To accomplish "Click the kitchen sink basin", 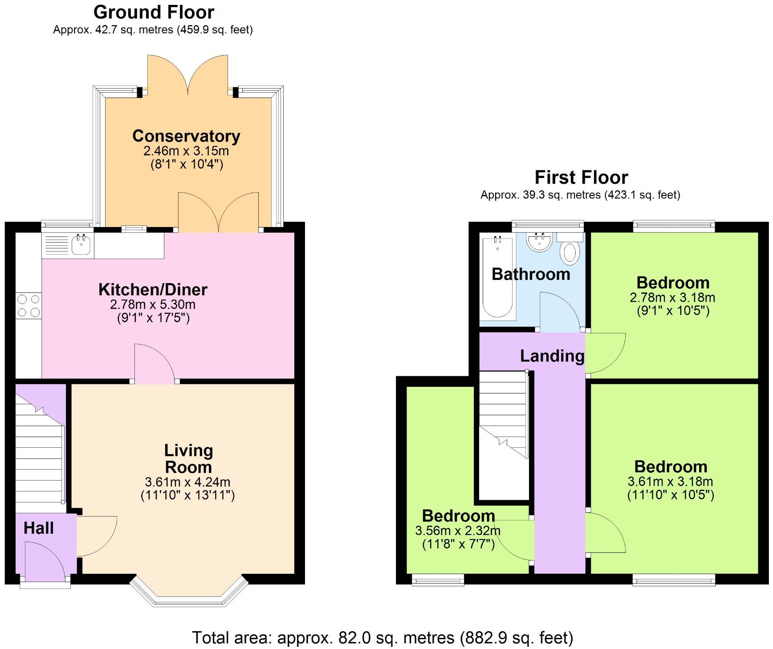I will (81, 245).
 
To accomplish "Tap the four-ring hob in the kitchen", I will (28, 306).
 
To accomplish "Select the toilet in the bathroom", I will (570, 252).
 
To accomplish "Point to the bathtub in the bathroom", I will (497, 277).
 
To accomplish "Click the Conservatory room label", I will (186, 136).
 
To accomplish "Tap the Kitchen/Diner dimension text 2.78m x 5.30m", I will (153, 304).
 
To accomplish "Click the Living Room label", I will (188, 458).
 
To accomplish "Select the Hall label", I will (39, 528).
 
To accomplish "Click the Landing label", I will (552, 356).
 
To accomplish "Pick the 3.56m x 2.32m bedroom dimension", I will (458, 531).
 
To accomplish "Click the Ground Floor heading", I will (154, 12).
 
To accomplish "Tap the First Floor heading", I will (581, 177).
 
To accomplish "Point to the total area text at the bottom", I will (382, 637).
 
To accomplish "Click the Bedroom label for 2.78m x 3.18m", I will (672, 282).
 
